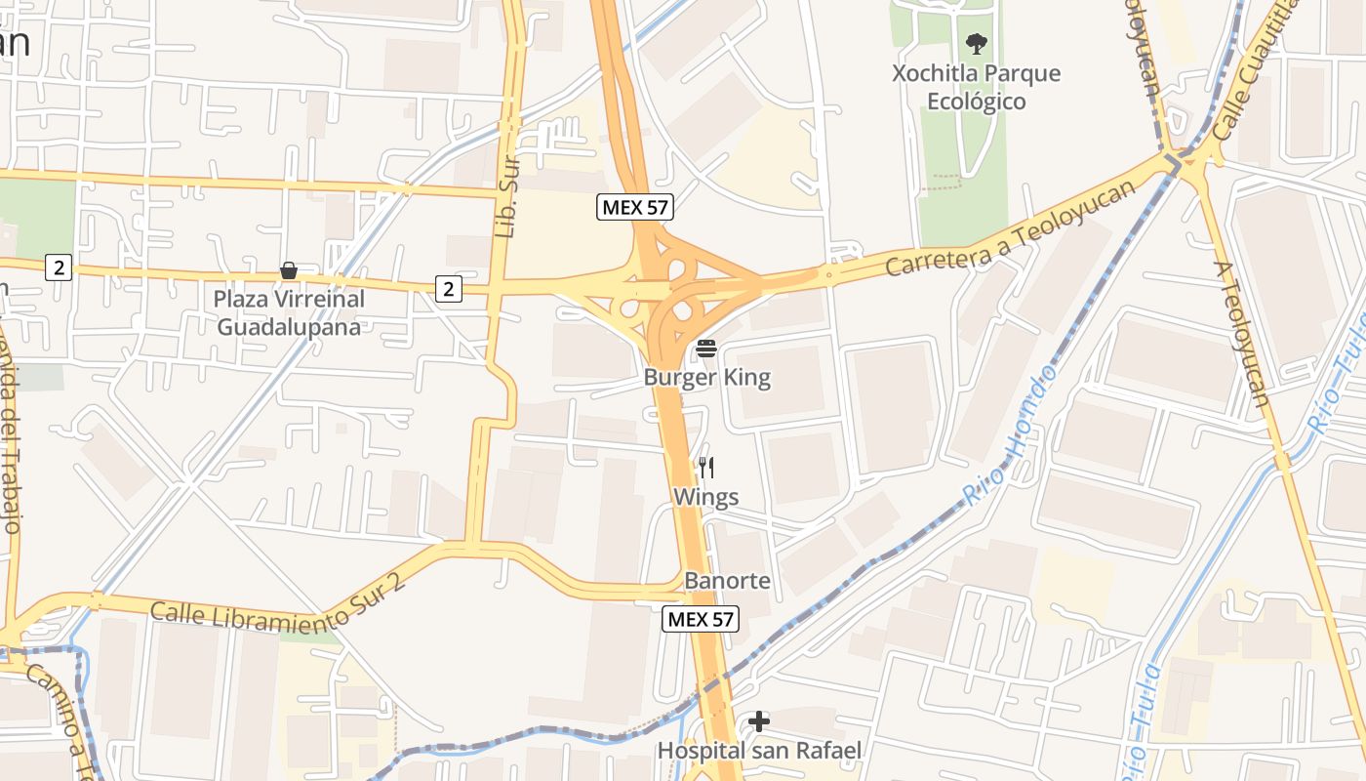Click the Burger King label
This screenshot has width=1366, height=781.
pyautogui.click(x=706, y=378)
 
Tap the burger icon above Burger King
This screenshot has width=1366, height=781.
pyautogui.click(x=706, y=349)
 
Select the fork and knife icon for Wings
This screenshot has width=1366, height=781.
pyautogui.click(x=706, y=469)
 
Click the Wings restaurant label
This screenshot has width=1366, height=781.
pyautogui.click(x=705, y=498)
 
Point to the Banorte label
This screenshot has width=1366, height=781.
pyautogui.click(x=727, y=582)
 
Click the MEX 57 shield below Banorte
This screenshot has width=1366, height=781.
pyautogui.click(x=701, y=619)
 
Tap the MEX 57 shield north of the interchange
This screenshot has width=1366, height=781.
pyautogui.click(x=635, y=207)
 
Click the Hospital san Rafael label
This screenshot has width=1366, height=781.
pyautogui.click(x=759, y=751)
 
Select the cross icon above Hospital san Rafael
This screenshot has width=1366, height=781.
pyautogui.click(x=759, y=722)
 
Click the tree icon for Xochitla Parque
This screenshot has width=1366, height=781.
pyautogui.click(x=976, y=44)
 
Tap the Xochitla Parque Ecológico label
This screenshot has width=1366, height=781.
pyautogui.click(x=976, y=88)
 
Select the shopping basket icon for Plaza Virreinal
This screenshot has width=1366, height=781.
pyautogui.click(x=289, y=270)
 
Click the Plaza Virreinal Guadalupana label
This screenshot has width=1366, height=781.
pyautogui.click(x=289, y=313)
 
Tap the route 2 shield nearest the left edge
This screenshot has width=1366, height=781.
pyautogui.click(x=59, y=267)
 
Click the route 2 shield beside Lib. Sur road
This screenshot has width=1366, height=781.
pyautogui.click(x=449, y=289)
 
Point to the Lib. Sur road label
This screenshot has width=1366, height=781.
pyautogui.click(x=505, y=199)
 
